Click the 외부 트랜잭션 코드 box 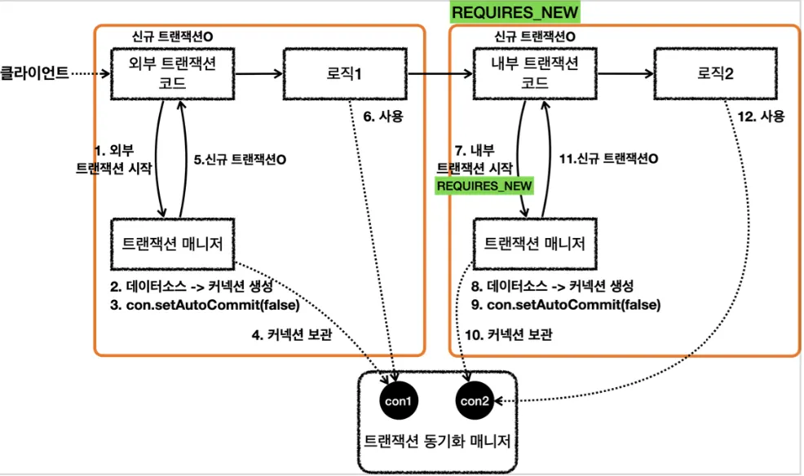[173, 74]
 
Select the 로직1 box [345, 74]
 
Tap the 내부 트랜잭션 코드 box [535, 74]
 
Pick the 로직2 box [715, 74]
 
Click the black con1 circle [399, 401]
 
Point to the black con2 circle [475, 401]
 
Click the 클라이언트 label [34, 73]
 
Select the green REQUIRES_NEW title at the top [515, 12]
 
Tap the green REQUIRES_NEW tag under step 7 [484, 186]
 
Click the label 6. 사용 [383, 117]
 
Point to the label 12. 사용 [761, 117]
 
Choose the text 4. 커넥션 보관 [292, 334]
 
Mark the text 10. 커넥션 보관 [509, 334]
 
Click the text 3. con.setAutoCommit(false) [205, 305]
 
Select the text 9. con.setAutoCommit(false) [566, 305]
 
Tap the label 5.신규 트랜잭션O [240, 160]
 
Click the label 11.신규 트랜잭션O [608, 159]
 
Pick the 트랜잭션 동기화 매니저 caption [437, 441]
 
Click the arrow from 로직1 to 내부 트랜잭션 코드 [440, 74]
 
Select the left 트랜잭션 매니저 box [173, 244]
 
